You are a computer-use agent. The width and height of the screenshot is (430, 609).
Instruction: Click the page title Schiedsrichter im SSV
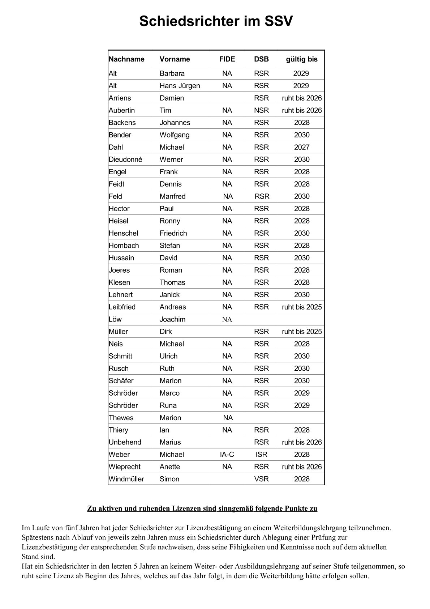tap(216, 22)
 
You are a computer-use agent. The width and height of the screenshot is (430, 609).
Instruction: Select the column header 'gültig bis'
tap(301, 59)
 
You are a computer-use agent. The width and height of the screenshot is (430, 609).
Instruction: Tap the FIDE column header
tap(227, 59)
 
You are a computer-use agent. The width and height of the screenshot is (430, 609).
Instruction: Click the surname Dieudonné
tap(125, 159)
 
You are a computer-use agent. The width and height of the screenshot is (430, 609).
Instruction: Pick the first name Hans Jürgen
tap(180, 86)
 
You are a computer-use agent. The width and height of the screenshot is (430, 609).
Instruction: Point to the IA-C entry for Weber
tap(227, 455)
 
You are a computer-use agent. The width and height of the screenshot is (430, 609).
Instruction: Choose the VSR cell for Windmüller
tap(261, 479)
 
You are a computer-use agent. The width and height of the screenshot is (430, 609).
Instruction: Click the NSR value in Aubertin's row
tap(261, 110)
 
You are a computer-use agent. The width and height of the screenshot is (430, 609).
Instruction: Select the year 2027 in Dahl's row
tap(301, 147)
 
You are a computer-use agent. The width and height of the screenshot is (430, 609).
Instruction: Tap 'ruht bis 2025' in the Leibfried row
tap(301, 307)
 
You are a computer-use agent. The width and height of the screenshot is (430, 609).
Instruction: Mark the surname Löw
tap(115, 319)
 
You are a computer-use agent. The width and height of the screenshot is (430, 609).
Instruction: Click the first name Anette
tap(169, 467)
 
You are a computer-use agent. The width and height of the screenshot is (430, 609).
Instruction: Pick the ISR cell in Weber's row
tap(261, 455)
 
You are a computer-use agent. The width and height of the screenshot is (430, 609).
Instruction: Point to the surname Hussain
tap(121, 258)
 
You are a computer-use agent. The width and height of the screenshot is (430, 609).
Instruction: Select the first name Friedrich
tap(173, 233)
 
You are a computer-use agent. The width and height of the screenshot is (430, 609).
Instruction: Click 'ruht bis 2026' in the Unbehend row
tap(301, 442)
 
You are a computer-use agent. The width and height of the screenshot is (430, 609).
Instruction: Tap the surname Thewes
tap(121, 418)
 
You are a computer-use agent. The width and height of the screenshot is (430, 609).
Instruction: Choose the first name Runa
tap(168, 405)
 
